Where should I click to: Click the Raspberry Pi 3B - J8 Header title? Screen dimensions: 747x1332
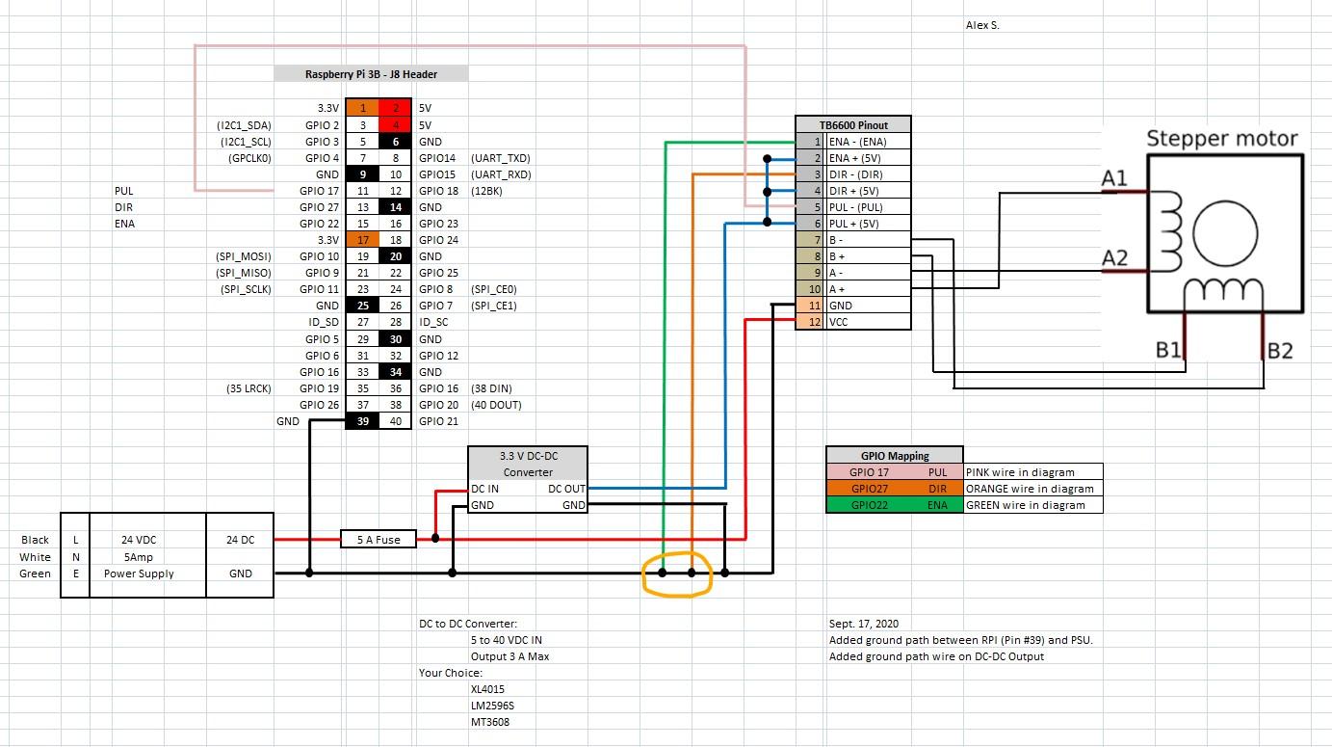[x=371, y=74]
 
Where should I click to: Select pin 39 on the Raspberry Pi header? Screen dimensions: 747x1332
[x=362, y=421]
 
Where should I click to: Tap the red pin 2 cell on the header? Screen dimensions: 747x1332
[x=395, y=109]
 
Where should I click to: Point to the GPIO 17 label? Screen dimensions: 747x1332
[x=319, y=191]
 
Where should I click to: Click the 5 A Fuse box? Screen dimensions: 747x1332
[x=379, y=540]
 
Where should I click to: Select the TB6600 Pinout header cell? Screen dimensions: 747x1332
[x=852, y=125]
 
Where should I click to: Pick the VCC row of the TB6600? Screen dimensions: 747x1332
[x=867, y=322]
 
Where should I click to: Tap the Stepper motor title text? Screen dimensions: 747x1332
[x=1221, y=139]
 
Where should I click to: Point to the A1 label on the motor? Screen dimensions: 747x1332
[x=1114, y=178]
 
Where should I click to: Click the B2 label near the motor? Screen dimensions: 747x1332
[x=1280, y=351]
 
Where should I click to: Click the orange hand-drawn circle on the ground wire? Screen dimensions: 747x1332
[x=677, y=574]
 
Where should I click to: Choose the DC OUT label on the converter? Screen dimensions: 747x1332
[x=566, y=489]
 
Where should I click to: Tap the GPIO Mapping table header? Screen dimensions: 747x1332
[x=894, y=456]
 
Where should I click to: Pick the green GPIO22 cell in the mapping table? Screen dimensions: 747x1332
[x=869, y=505]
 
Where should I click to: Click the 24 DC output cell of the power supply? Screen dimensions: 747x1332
[x=240, y=540]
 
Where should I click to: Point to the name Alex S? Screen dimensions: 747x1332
[x=982, y=25]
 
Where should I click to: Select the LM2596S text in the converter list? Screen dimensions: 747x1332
[x=492, y=706]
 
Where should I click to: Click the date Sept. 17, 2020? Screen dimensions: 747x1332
[x=863, y=624]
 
